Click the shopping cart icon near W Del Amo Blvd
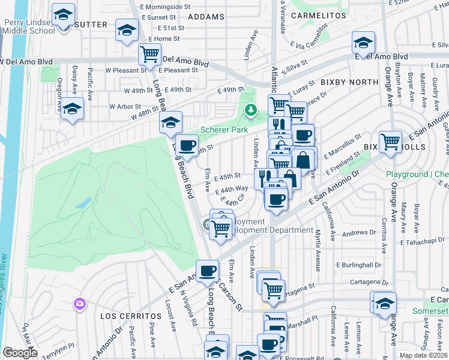(x=149, y=55)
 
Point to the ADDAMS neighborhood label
(x=206, y=17)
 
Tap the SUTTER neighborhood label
(x=92, y=25)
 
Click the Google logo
(x=20, y=352)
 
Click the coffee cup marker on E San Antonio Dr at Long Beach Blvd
(x=208, y=271)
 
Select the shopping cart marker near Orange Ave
(x=390, y=142)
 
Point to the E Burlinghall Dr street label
(x=359, y=265)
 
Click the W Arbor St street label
(x=125, y=106)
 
